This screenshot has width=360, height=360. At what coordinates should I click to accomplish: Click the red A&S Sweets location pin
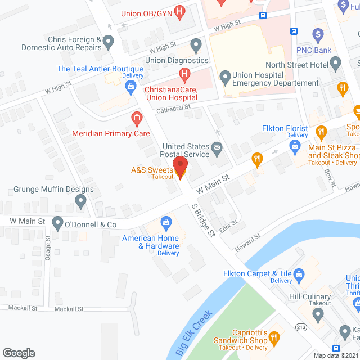(x=180, y=167)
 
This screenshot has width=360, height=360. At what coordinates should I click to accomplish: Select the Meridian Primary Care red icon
(x=136, y=118)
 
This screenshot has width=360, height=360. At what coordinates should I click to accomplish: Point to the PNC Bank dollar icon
(x=318, y=35)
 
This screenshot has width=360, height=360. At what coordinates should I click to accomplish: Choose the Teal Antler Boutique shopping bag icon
(x=131, y=85)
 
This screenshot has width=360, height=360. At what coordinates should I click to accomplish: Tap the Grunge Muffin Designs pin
(x=81, y=201)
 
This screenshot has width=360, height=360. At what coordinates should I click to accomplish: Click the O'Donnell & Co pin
(x=57, y=224)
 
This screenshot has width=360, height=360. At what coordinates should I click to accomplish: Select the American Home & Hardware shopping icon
(x=166, y=223)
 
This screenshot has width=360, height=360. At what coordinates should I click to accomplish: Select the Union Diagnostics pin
(x=196, y=45)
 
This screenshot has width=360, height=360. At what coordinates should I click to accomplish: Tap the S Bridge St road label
(x=203, y=220)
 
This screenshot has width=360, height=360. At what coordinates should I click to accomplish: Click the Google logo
(x=19, y=353)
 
